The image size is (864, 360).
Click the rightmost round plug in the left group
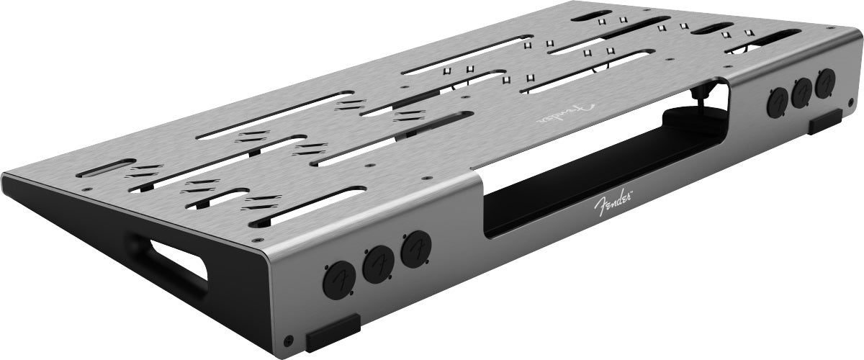click(415, 250)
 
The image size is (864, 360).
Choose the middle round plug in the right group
click(802, 92)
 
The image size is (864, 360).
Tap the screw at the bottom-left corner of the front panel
click(288, 339)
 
